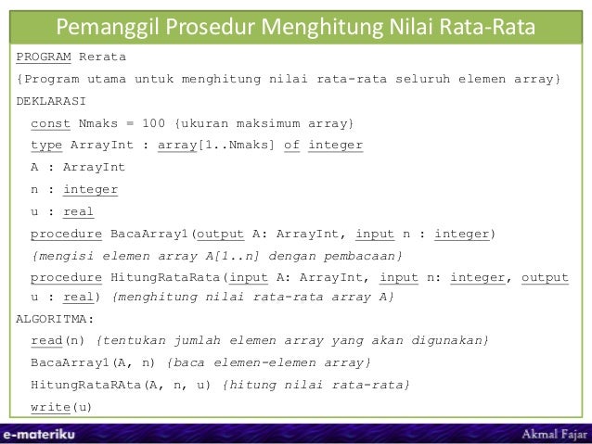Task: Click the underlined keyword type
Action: tap(47, 146)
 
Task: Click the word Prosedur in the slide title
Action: tap(218, 22)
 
